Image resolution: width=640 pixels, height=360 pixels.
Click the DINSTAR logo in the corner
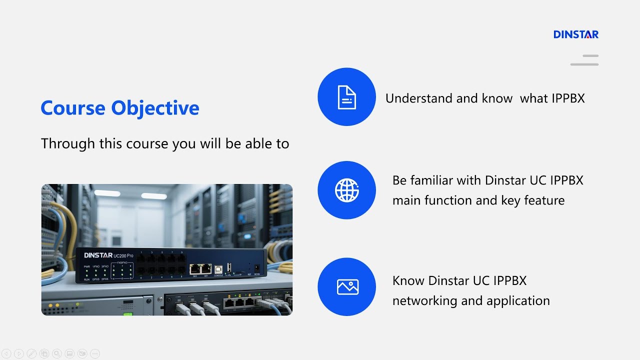[575, 34]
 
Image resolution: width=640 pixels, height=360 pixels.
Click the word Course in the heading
[73, 108]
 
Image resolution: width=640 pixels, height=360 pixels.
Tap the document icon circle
[346, 97]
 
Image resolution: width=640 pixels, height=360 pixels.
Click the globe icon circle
[346, 190]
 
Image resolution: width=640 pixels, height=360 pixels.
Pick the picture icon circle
[346, 286]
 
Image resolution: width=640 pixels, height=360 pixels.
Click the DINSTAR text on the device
[98, 255]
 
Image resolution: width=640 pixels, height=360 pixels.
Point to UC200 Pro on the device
[123, 256]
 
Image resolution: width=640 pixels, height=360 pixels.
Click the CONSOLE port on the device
[218, 269]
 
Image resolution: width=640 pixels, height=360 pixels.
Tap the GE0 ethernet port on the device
[194, 269]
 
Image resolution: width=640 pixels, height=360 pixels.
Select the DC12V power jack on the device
[257, 268]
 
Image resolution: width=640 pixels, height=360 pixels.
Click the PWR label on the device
[87, 267]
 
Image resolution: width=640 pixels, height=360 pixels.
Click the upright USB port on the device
[229, 267]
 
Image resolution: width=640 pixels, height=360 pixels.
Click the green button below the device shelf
[127, 314]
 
